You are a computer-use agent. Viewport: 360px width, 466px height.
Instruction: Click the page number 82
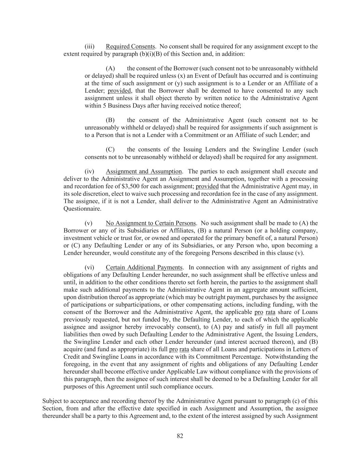tap(180, 436)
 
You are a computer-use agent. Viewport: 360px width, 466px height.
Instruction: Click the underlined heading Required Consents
tap(130, 46)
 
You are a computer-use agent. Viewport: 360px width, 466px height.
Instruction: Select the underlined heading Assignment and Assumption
tap(144, 171)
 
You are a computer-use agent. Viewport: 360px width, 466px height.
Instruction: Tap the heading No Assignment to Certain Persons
tap(150, 223)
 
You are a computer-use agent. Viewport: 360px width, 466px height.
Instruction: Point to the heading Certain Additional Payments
tap(144, 268)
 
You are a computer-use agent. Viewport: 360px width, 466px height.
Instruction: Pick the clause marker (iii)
tap(89, 46)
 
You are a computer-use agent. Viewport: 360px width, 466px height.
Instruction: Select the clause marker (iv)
tap(89, 171)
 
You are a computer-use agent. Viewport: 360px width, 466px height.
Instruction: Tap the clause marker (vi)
tap(89, 268)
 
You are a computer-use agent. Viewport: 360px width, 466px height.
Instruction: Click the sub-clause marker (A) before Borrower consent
tap(110, 68)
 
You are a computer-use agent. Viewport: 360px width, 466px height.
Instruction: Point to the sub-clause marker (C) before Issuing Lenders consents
tap(110, 150)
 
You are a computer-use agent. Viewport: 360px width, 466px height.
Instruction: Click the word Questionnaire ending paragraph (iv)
tap(82, 209)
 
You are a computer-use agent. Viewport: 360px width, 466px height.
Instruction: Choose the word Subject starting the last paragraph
tap(52, 401)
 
